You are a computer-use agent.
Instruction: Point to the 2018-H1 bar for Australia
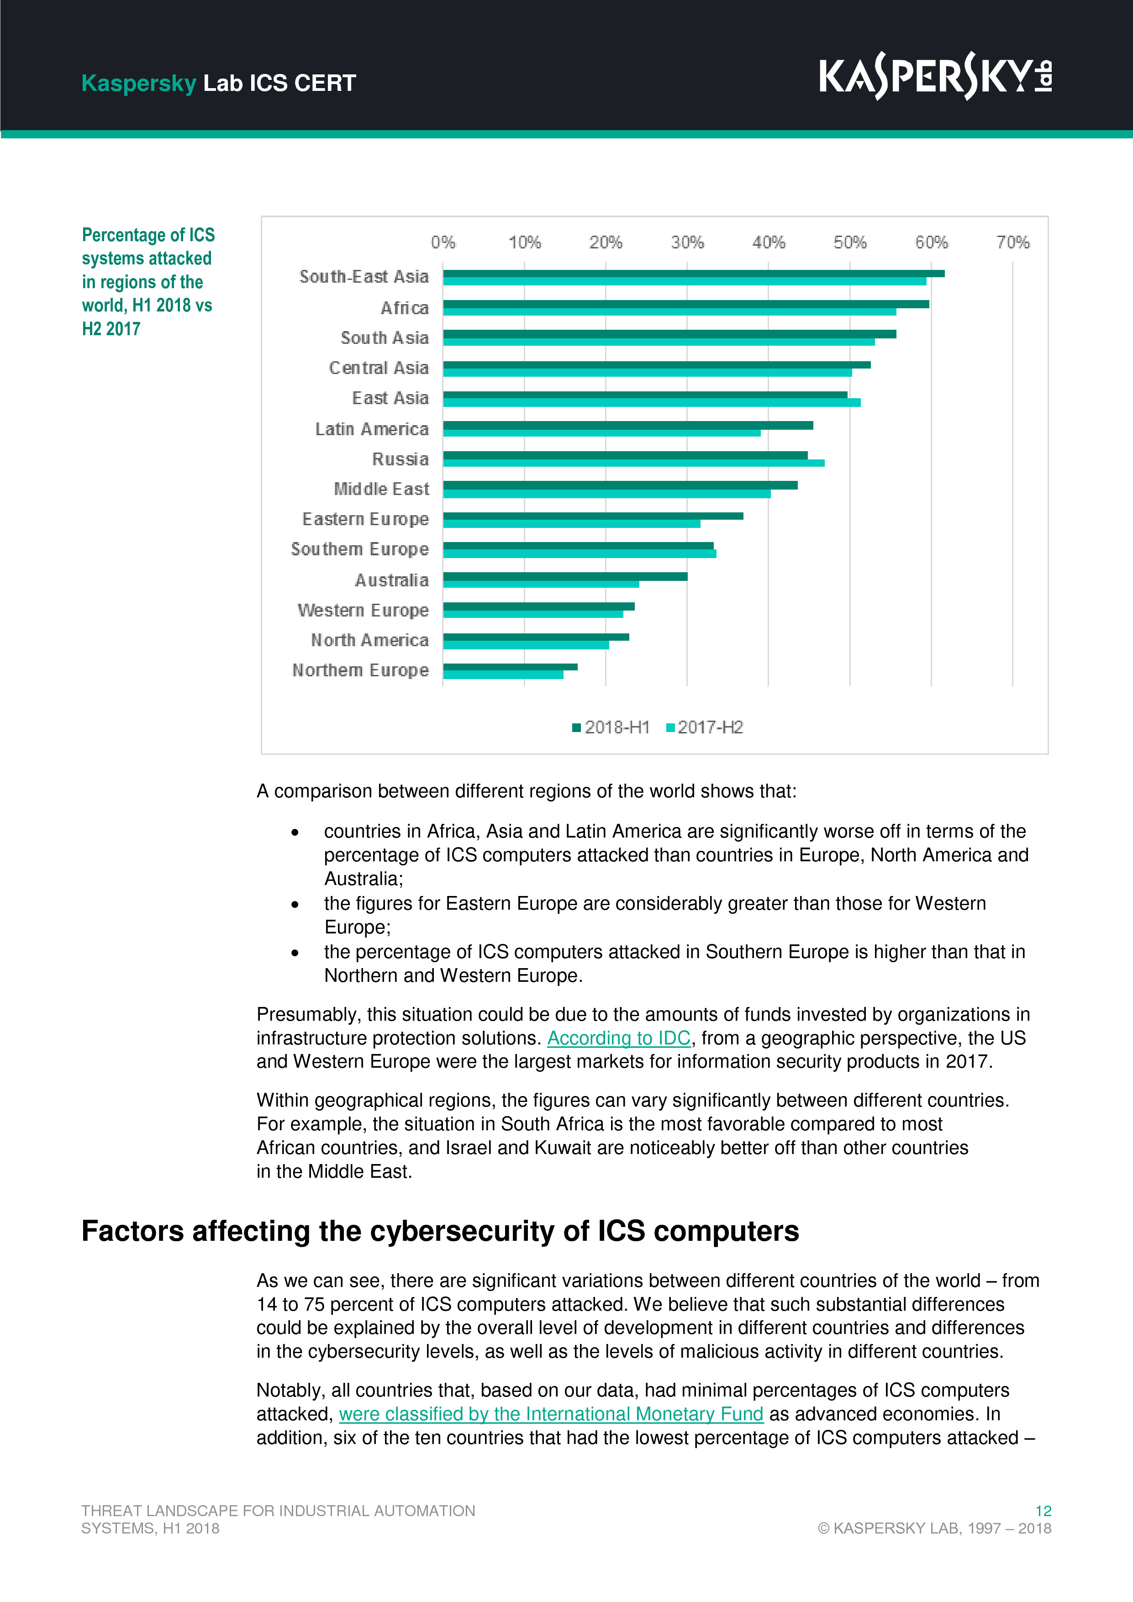click(565, 576)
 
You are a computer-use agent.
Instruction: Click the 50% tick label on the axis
click(850, 242)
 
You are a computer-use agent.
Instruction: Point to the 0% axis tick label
click(443, 242)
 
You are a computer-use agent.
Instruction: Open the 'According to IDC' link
click(618, 1038)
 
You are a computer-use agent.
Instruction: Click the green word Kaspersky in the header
click(138, 83)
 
